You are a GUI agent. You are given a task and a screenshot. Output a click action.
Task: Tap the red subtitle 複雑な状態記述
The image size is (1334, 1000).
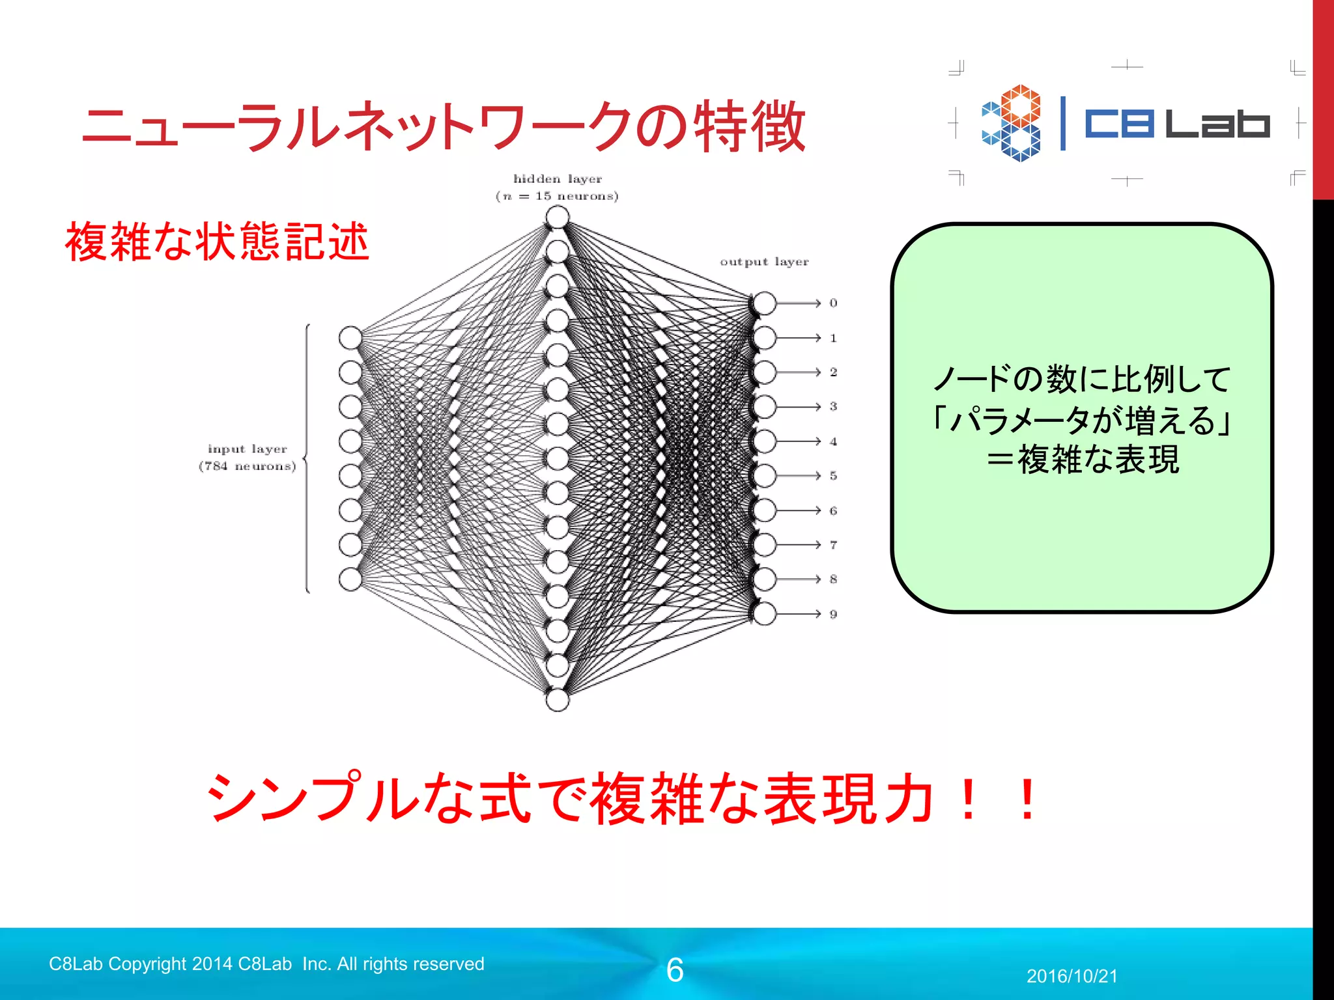point(217,242)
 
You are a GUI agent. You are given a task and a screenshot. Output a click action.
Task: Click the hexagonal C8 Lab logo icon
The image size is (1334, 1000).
point(1012,122)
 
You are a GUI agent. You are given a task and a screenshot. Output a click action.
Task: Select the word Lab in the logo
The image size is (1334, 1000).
point(1217,124)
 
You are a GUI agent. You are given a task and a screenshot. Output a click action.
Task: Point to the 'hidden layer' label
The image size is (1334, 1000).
point(558,179)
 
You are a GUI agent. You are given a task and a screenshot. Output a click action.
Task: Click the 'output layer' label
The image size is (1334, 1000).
point(764,262)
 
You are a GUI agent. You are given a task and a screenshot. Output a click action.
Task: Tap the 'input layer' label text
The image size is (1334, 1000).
point(248,449)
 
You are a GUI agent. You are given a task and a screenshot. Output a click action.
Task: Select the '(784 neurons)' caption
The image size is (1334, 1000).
point(248,466)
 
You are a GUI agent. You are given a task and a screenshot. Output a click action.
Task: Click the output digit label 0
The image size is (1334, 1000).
point(833,303)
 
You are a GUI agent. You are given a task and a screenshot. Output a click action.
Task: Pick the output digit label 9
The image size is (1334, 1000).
point(833,614)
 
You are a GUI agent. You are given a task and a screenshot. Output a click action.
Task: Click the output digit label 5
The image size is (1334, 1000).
point(833,476)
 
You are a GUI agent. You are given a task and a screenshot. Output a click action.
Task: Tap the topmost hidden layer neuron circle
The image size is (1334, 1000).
point(558,217)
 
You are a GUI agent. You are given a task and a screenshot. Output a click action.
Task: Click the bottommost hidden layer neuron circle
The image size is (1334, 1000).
point(558,700)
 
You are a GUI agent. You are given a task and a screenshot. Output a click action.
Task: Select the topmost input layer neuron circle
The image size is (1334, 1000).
point(350,338)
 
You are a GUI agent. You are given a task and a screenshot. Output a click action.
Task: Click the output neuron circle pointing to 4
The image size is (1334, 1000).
point(765,441)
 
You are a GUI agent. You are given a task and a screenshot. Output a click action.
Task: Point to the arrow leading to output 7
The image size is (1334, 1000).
point(798,544)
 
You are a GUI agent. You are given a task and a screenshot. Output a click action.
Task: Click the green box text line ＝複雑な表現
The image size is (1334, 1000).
point(1082,460)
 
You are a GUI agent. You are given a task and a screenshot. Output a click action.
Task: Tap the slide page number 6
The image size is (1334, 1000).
point(675,970)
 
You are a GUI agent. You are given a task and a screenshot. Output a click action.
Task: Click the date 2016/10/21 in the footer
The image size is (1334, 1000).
point(1071,976)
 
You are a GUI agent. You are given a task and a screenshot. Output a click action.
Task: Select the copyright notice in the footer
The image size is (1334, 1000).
point(266,964)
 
